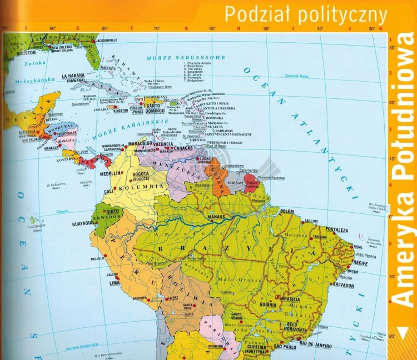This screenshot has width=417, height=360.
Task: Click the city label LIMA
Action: click(115, 283)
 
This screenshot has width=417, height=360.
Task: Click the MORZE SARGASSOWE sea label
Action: click(186, 58)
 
